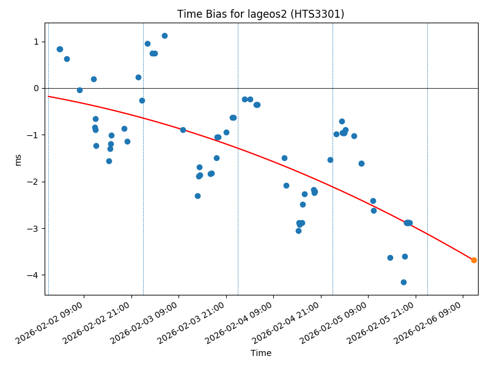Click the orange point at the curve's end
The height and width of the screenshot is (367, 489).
point(474,260)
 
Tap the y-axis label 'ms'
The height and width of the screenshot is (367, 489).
point(18,159)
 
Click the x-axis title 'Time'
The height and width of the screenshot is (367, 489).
point(261,353)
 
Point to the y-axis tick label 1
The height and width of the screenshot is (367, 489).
point(35,42)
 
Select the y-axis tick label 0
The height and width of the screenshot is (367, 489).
point(35,88)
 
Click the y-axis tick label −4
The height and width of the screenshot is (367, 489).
point(33,275)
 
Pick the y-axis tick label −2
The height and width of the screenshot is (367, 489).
point(33,182)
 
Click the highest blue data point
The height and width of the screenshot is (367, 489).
point(164,35)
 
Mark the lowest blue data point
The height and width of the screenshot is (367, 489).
point(403,282)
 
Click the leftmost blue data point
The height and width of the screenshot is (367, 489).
point(59,49)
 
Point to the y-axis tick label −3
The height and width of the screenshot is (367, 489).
point(33,228)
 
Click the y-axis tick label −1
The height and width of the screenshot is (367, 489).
point(33,135)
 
